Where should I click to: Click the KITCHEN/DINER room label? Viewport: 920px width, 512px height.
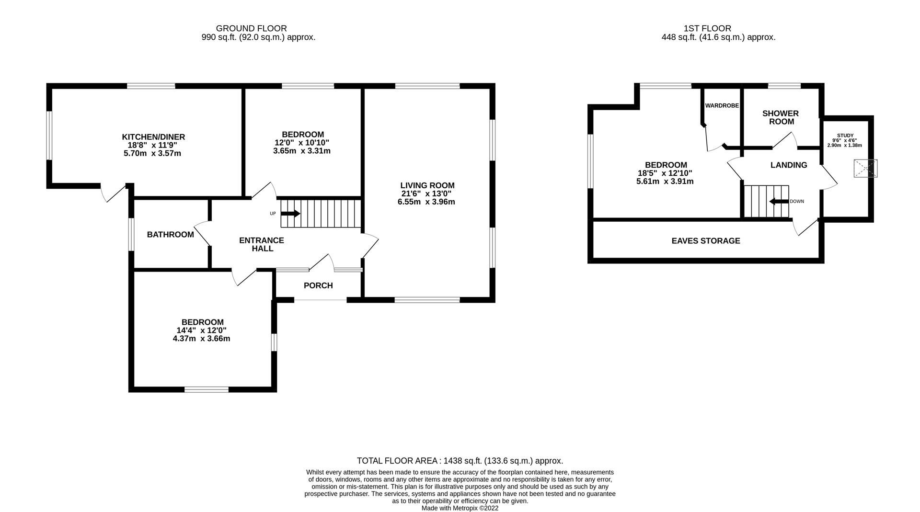click(x=153, y=137)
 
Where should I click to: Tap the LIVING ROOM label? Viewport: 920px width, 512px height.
click(x=427, y=185)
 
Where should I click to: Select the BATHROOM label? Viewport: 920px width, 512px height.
click(x=170, y=235)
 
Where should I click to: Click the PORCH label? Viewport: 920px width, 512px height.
click(x=318, y=285)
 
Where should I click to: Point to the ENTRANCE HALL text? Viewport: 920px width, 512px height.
click(x=262, y=244)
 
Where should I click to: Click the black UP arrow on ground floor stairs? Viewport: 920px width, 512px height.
click(x=290, y=214)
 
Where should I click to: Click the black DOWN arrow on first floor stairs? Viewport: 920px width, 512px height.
click(x=779, y=201)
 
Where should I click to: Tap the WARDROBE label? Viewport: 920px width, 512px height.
click(x=722, y=105)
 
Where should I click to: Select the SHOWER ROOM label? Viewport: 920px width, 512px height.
click(x=780, y=117)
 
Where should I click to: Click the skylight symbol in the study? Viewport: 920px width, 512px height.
click(x=865, y=169)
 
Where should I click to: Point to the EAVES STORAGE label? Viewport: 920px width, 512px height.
click(x=705, y=241)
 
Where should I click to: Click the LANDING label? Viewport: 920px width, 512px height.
click(x=788, y=165)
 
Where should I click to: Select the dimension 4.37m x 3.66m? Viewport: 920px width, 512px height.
click(x=201, y=339)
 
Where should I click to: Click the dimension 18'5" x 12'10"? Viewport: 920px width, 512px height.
click(x=665, y=173)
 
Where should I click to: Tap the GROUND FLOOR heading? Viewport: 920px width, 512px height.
click(x=251, y=29)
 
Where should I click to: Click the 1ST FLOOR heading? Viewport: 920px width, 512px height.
click(x=708, y=29)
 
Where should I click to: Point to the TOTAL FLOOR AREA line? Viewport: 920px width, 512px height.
click(x=460, y=461)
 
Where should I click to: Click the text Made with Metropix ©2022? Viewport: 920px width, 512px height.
click(x=460, y=508)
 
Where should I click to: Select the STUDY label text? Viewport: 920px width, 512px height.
click(x=845, y=136)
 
